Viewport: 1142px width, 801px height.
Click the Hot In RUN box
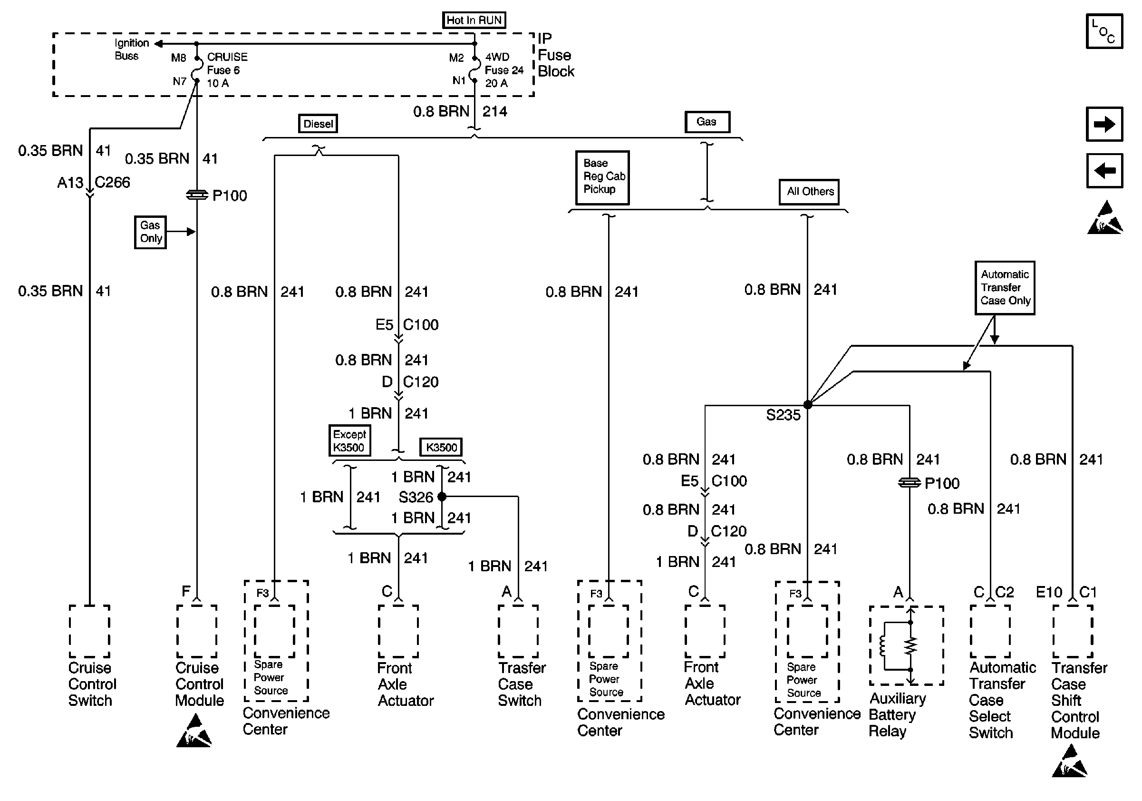tap(474, 20)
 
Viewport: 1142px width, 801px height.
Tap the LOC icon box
tap(1103, 32)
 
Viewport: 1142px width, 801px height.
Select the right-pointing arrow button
tap(1103, 124)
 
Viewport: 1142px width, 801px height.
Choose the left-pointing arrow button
tap(1103, 171)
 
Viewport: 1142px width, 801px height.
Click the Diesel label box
tap(318, 124)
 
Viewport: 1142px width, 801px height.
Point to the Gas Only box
tap(150, 232)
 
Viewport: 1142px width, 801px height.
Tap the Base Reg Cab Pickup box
tap(602, 177)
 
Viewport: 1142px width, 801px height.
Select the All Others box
tap(809, 192)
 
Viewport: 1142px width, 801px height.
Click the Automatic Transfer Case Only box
tap(1004, 288)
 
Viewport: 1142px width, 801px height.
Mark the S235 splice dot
tap(808, 404)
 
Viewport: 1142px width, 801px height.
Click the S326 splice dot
tap(442, 496)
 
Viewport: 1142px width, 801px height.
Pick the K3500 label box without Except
tap(441, 447)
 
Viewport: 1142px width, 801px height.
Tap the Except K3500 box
tap(349, 441)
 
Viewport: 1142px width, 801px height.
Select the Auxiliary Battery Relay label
tap(897, 714)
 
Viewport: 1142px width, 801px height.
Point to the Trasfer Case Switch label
tap(521, 684)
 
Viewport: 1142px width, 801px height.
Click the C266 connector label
tap(112, 183)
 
